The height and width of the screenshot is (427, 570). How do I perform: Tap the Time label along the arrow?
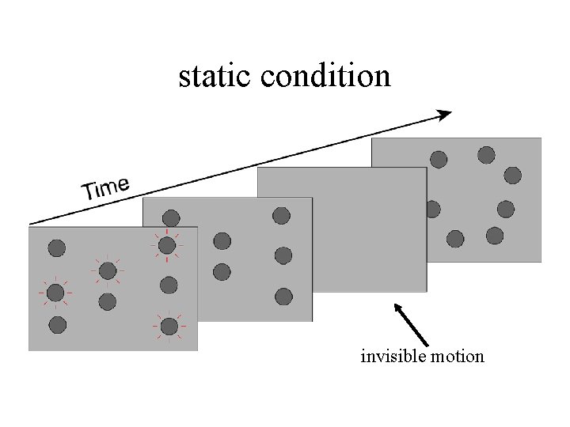[x=106, y=188]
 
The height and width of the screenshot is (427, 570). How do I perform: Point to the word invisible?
[x=393, y=357]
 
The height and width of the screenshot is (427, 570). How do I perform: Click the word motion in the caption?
[x=457, y=357]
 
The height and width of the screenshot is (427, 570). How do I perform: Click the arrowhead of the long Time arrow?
[x=444, y=115]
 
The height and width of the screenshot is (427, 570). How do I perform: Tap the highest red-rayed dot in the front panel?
[x=166, y=246]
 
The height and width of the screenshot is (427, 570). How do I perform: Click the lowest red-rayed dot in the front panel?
[x=169, y=326]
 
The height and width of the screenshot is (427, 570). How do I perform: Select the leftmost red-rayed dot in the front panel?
[x=55, y=293]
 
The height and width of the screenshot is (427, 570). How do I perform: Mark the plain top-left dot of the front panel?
[x=56, y=248]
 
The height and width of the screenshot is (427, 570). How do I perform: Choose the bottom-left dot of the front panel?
[x=57, y=323]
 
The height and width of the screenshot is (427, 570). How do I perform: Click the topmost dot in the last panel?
[x=486, y=154]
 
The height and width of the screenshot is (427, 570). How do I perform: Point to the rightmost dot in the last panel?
[x=513, y=175]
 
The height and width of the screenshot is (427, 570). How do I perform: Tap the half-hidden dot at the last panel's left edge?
[x=432, y=210]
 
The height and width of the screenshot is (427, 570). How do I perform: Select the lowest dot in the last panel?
[x=455, y=238]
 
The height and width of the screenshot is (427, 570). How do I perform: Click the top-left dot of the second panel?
[x=171, y=217]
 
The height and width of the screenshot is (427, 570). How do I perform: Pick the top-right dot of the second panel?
[x=281, y=215]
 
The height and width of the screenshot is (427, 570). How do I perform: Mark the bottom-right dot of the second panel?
[x=283, y=297]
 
